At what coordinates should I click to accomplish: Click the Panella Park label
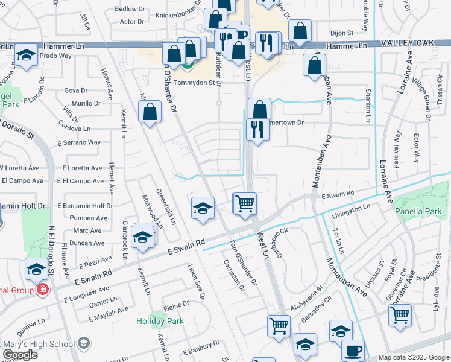pyautogui.click(x=418, y=212)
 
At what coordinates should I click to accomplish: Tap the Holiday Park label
pyautogui.click(x=159, y=321)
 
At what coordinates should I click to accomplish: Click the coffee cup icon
pyautogui.click(x=353, y=351)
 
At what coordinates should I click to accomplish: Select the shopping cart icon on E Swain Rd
pyautogui.click(x=245, y=203)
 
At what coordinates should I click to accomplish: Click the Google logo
pyautogui.click(x=20, y=355)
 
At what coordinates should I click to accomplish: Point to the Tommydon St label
pyautogui.click(x=194, y=83)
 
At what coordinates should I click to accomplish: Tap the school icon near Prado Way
pyautogui.click(x=26, y=56)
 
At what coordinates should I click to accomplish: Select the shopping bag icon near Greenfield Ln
pyautogui.click(x=150, y=112)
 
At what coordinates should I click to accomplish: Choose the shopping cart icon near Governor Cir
pyautogui.click(x=400, y=315)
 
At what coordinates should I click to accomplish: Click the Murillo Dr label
pyautogui.click(x=87, y=103)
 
